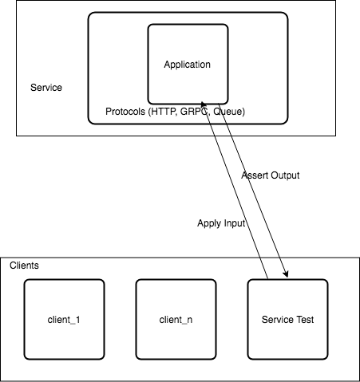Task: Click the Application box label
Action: click(187, 65)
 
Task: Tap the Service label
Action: click(46, 88)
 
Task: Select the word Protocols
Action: click(125, 112)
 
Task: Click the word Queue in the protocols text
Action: click(227, 112)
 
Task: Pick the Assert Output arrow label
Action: click(271, 175)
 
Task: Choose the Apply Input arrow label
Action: click(221, 223)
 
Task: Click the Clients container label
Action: click(24, 266)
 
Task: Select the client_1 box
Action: click(64, 319)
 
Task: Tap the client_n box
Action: click(176, 319)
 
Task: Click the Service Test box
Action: click(287, 319)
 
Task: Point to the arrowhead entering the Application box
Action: click(203, 103)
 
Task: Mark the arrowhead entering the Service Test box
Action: click(287, 275)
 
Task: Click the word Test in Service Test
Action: click(304, 320)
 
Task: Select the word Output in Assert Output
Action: click(285, 175)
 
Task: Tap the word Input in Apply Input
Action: click(233, 223)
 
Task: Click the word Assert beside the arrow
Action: click(255, 175)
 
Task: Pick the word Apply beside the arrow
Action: click(208, 223)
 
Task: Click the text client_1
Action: click(64, 320)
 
